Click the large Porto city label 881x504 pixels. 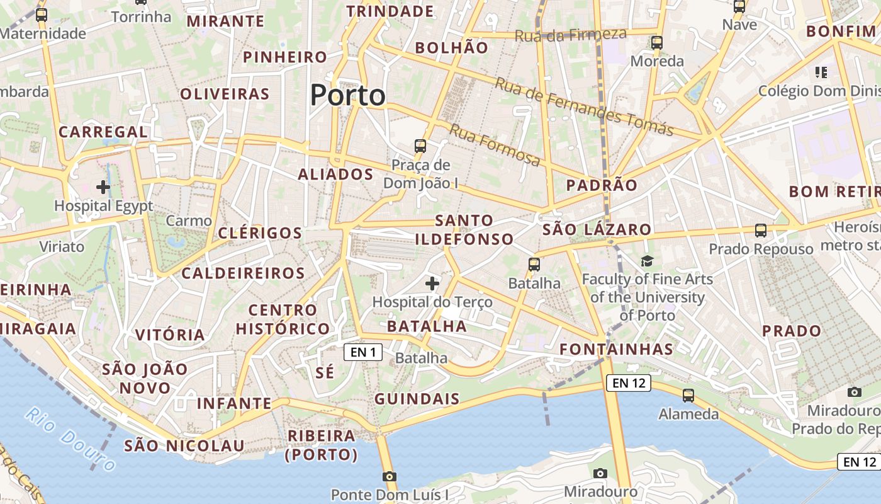click(x=347, y=96)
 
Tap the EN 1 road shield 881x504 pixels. click(x=363, y=352)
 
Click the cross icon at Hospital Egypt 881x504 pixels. click(x=103, y=187)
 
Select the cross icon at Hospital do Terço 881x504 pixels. click(x=432, y=283)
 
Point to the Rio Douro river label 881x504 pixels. click(x=71, y=438)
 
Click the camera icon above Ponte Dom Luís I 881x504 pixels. click(x=390, y=476)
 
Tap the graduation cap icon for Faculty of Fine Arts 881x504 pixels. click(x=647, y=261)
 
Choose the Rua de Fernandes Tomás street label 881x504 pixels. click(x=584, y=106)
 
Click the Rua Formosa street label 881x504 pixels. click(x=495, y=146)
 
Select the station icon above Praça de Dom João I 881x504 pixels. click(x=420, y=146)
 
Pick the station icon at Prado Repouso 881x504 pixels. click(x=761, y=231)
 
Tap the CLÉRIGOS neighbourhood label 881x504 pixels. click(x=261, y=233)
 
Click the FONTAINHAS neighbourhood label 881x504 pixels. click(x=617, y=349)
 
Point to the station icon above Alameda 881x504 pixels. click(x=688, y=396)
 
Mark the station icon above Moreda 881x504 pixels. click(x=657, y=43)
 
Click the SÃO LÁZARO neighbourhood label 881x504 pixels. click(x=597, y=229)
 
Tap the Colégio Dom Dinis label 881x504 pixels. click(x=819, y=91)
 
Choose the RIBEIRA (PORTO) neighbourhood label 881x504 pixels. click(x=322, y=445)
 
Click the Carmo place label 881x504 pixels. click(x=189, y=221)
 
